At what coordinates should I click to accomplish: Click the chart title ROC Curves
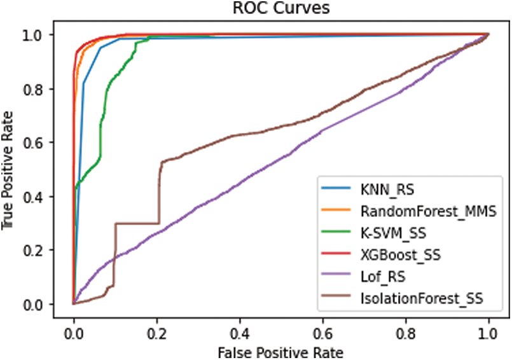click(x=280, y=9)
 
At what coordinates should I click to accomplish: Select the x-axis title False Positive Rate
click(x=280, y=351)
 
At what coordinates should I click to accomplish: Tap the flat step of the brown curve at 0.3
click(x=137, y=223)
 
